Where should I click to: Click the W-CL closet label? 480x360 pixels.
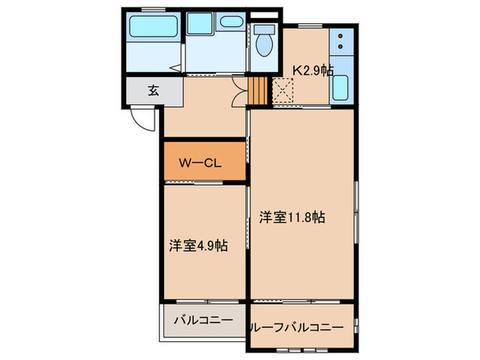(199, 163)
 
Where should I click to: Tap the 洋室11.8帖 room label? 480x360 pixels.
(292, 219)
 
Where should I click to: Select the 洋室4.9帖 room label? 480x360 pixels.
(199, 245)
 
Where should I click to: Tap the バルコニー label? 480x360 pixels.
(202, 320)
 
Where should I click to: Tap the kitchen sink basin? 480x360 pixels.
(341, 88)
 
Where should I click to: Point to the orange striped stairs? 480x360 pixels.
(256, 91)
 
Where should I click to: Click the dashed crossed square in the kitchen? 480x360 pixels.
(283, 90)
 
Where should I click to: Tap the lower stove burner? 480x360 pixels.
(340, 47)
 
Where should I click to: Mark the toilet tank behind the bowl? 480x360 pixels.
(263, 29)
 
